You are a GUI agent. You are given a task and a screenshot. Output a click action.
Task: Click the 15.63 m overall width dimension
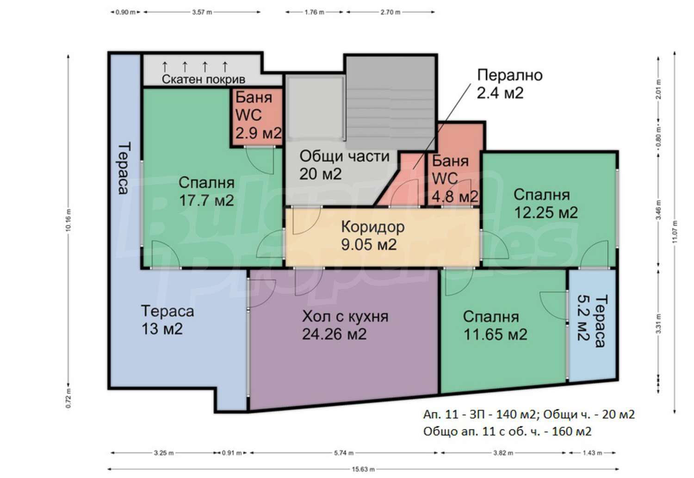coord(363,469)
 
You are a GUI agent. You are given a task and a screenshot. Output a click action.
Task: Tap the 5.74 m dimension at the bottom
coord(344,453)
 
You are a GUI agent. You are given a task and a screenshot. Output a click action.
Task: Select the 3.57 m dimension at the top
coord(202,12)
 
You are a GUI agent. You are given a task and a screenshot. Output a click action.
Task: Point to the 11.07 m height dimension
coord(675,232)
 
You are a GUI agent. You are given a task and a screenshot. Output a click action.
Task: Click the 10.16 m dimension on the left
coord(68,220)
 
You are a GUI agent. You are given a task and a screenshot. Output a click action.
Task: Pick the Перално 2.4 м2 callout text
coord(510,84)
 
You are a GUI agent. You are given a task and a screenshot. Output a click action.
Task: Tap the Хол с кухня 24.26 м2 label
coord(345,325)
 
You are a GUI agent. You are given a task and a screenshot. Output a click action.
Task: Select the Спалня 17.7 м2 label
coord(206,192)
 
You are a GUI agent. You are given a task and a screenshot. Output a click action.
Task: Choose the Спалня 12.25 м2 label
coord(545,204)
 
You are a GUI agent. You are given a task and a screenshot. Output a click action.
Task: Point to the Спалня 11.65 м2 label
coord(495,326)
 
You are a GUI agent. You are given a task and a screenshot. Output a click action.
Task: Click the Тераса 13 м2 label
coord(167,320)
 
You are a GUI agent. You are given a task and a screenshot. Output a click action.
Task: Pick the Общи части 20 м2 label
coord(344,165)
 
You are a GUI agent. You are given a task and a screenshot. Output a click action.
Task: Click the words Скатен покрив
coord(204,80)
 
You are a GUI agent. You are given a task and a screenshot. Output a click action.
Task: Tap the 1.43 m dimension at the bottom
coord(592,453)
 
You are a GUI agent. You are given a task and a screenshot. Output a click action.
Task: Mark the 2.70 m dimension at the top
coord(390,12)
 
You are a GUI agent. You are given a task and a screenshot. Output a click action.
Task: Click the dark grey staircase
coord(390,103)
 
